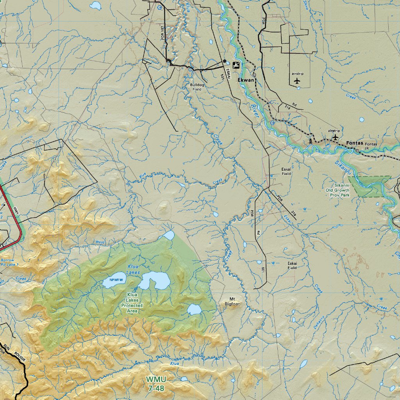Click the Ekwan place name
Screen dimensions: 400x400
[x=246, y=80]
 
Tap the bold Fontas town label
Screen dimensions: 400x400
[x=355, y=143]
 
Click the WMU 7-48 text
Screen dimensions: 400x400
[x=156, y=384]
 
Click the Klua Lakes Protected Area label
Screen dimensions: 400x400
[x=132, y=303]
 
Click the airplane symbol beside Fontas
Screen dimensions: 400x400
[x=335, y=137]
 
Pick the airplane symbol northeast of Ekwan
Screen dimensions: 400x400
[x=297, y=81]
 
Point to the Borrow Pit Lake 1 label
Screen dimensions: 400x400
[x=9, y=262]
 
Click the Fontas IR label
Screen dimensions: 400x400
[x=371, y=146]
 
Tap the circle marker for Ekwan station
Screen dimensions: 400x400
[x=254, y=74]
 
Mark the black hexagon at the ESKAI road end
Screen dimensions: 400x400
[x=224, y=61]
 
